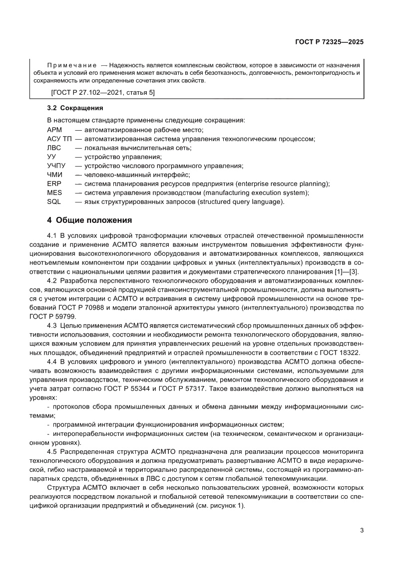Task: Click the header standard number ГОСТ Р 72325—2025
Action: [328, 42]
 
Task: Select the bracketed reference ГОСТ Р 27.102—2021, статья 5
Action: [103, 93]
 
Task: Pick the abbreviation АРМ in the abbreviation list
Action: [54, 130]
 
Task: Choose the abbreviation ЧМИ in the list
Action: [54, 175]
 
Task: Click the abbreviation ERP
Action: [53, 184]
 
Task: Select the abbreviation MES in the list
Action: [54, 193]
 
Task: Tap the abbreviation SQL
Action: [53, 201]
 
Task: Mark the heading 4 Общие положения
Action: [89, 220]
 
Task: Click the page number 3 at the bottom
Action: [361, 530]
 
